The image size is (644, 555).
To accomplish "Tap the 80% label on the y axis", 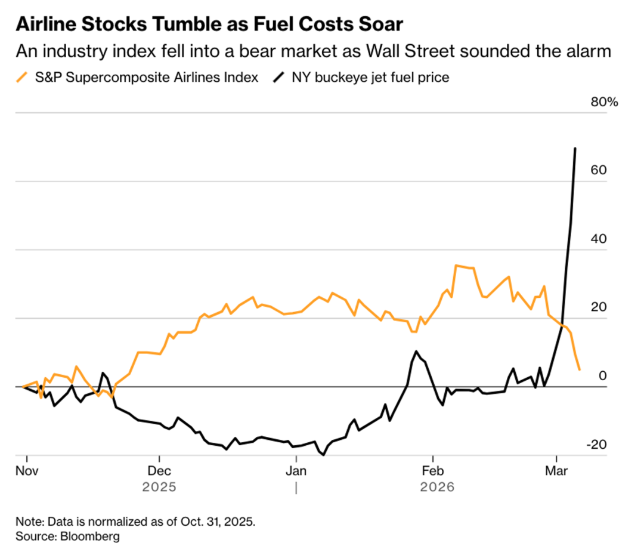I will click(604, 102).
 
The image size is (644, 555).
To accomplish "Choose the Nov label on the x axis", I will click(27, 470).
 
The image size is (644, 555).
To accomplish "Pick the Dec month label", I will click(159, 470).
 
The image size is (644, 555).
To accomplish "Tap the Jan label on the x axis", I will click(296, 470).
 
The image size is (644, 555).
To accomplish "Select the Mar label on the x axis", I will click(556, 470).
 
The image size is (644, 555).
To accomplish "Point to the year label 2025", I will click(159, 487).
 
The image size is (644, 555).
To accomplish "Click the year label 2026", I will click(437, 487).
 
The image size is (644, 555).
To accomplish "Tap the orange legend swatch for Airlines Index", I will click(23, 77).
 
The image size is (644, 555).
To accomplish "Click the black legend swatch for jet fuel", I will click(278, 77).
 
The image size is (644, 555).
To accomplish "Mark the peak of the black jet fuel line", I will click(575, 148).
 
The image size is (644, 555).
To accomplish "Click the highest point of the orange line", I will click(456, 266).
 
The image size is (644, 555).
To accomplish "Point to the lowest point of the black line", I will click(323, 455).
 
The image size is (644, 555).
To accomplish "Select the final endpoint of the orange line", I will click(580, 369).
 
